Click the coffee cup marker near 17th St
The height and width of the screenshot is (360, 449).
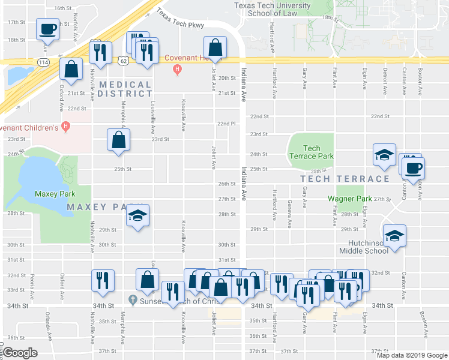tap(47, 28)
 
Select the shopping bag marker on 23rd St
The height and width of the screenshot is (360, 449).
tap(118, 140)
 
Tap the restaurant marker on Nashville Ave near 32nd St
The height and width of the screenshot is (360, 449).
tap(101, 280)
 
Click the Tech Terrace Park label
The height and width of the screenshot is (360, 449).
tap(311, 152)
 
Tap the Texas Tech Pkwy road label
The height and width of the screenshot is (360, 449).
tap(180, 19)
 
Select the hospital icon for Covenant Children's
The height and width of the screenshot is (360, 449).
tap(66, 127)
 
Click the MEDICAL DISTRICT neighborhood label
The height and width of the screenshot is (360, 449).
tap(125, 89)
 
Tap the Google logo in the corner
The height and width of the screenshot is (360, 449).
tap(20, 353)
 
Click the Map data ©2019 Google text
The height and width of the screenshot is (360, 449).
tap(411, 355)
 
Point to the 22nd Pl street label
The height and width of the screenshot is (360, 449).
tap(223, 124)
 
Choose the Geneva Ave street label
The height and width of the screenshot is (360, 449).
tap(289, 215)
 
